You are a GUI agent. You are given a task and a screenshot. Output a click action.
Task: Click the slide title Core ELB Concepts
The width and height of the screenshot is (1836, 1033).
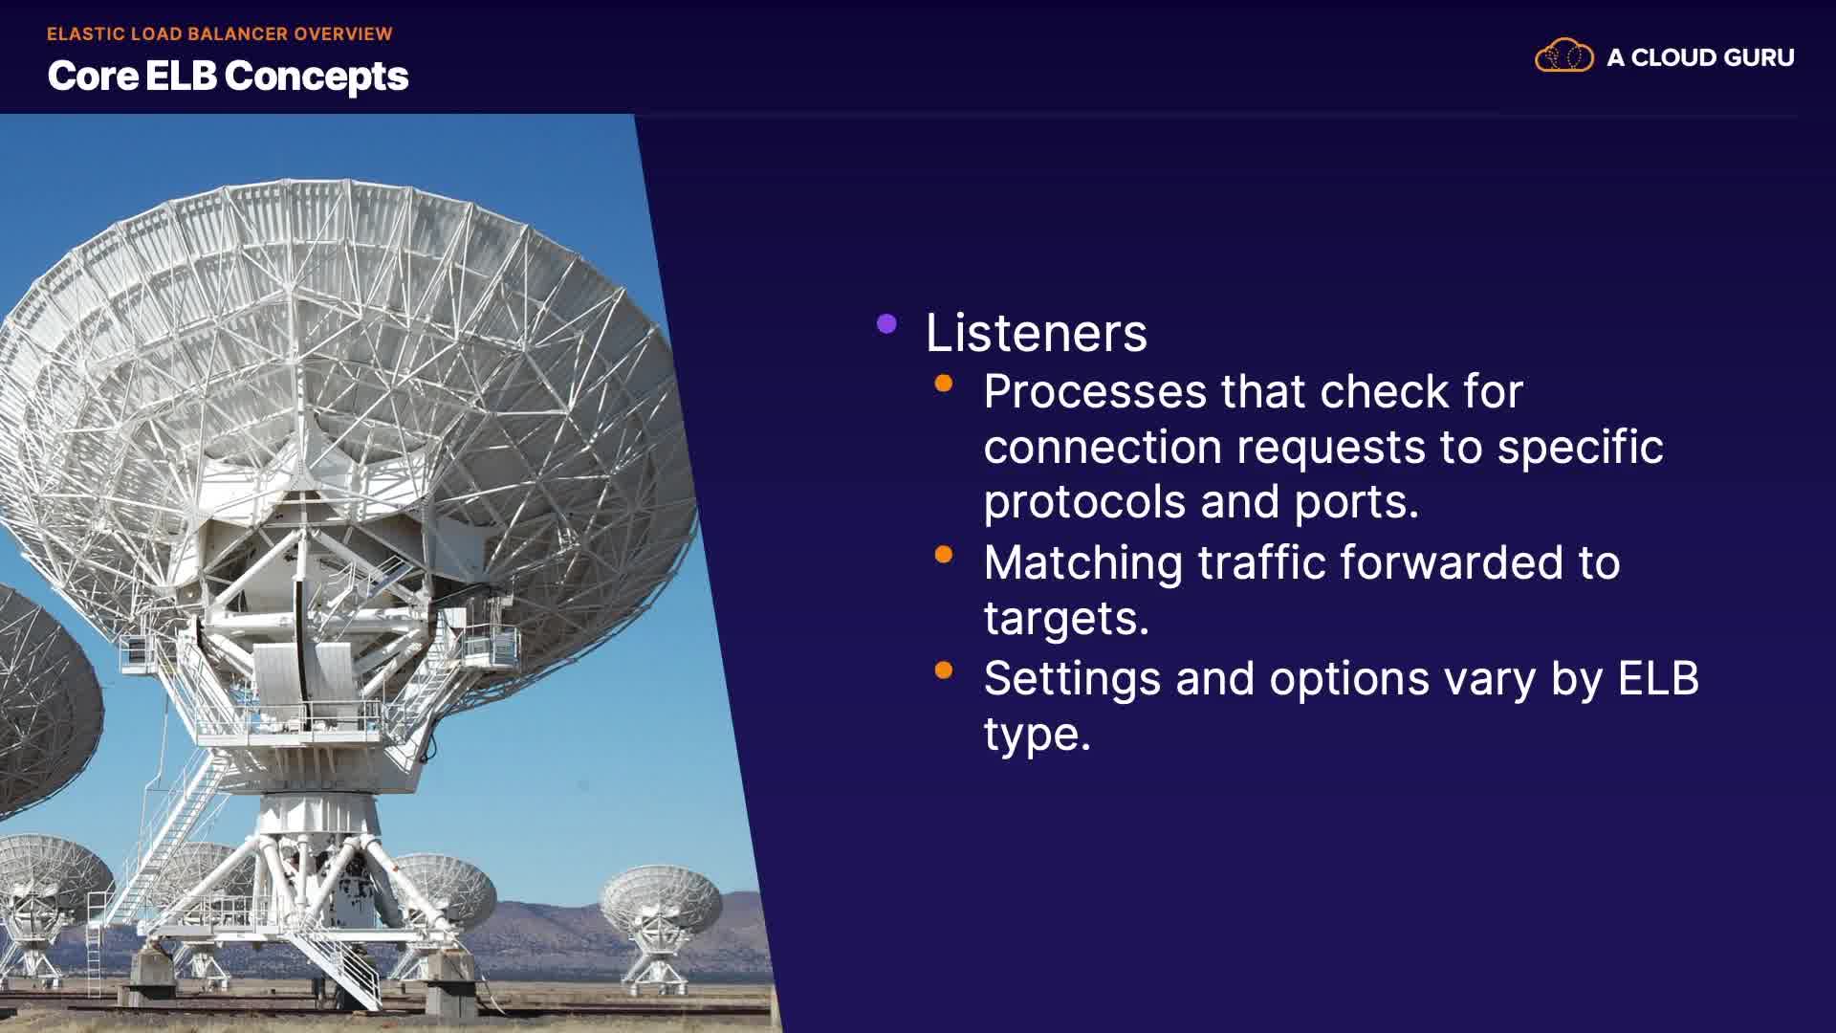pos(228,77)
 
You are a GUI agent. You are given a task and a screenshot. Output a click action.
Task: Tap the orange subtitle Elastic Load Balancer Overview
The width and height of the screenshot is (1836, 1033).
pos(220,34)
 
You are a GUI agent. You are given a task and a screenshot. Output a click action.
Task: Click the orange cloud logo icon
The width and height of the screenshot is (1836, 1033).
pos(1564,56)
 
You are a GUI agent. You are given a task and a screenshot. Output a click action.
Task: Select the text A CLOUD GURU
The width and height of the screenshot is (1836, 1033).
pos(1700,57)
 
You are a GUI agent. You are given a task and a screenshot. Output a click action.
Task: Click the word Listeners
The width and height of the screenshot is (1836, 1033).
pos(1037,333)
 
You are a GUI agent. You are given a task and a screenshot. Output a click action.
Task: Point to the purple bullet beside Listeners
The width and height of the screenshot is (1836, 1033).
pos(886,324)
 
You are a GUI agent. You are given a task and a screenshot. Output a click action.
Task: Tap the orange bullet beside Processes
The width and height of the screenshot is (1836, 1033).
pos(944,384)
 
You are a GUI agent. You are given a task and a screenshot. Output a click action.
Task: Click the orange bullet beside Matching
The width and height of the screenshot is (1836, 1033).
pos(944,555)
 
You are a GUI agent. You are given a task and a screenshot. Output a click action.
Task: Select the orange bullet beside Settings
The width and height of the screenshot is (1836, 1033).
pos(944,670)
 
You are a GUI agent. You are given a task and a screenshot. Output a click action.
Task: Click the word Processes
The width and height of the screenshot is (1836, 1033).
pos(1095,392)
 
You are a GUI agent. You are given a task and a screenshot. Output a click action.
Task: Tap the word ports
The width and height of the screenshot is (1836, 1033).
pos(1357,503)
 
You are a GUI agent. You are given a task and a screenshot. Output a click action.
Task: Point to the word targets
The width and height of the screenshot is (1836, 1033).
pos(1066,620)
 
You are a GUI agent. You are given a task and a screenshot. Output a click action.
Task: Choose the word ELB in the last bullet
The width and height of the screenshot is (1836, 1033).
pos(1659,679)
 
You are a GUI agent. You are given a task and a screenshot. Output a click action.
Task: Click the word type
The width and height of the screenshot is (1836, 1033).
pos(1038,736)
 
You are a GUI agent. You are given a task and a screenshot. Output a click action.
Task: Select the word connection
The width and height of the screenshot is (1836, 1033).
pos(1103,448)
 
